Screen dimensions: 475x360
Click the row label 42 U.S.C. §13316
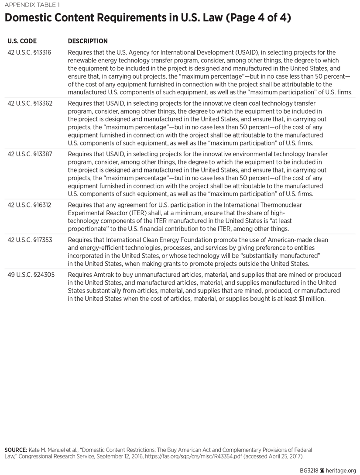29,52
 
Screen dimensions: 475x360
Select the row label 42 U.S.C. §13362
29,103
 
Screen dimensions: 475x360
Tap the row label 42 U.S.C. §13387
29,154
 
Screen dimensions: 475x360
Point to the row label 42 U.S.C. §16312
29,205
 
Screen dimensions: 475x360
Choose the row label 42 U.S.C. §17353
29,240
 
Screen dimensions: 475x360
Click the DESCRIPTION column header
88,41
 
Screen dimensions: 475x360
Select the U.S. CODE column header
22,41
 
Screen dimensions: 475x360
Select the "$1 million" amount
310,299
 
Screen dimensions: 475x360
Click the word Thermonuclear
280,205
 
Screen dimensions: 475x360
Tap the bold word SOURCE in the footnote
15,449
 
